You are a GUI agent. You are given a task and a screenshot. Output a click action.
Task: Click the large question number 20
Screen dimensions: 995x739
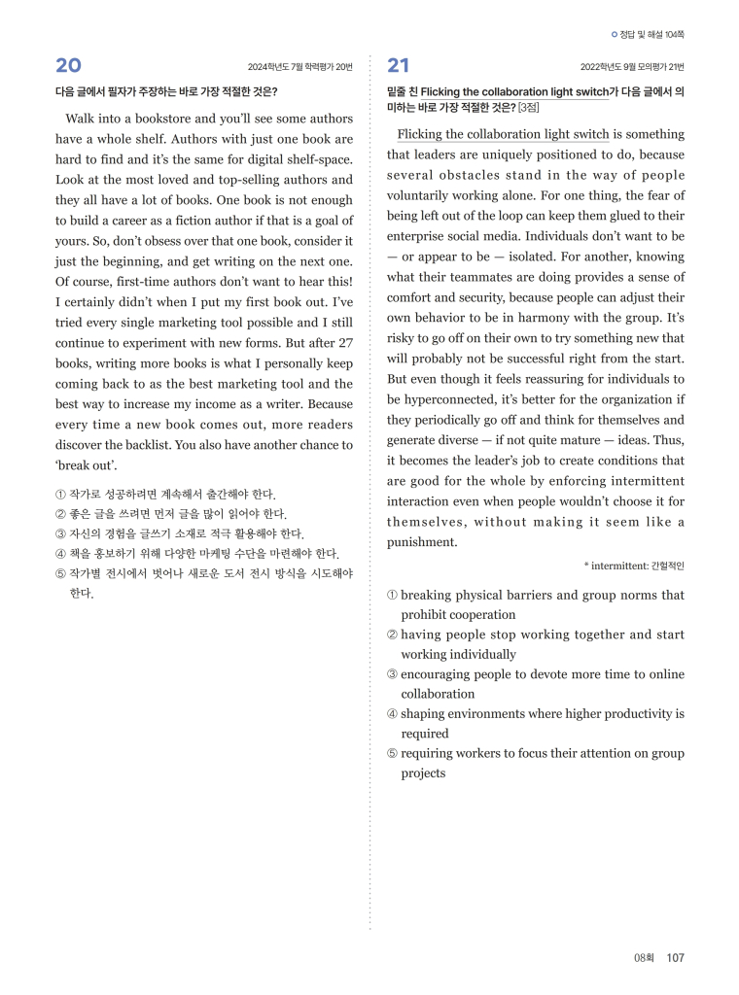(x=68, y=66)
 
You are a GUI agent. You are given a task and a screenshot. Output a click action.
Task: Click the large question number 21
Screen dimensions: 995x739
(x=399, y=66)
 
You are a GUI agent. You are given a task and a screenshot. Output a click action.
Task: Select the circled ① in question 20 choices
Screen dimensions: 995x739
(x=60, y=495)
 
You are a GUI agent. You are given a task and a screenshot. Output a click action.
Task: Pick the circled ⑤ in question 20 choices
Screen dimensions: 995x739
(x=60, y=573)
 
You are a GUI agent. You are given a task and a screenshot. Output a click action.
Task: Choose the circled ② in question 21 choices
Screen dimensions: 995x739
(x=392, y=635)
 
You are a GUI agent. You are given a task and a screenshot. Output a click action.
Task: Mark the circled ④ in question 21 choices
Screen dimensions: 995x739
(x=392, y=714)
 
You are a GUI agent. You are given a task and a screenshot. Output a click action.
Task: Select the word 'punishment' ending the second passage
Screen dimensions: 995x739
(x=422, y=542)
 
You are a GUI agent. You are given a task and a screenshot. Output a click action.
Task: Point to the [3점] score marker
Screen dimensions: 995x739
(x=529, y=107)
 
